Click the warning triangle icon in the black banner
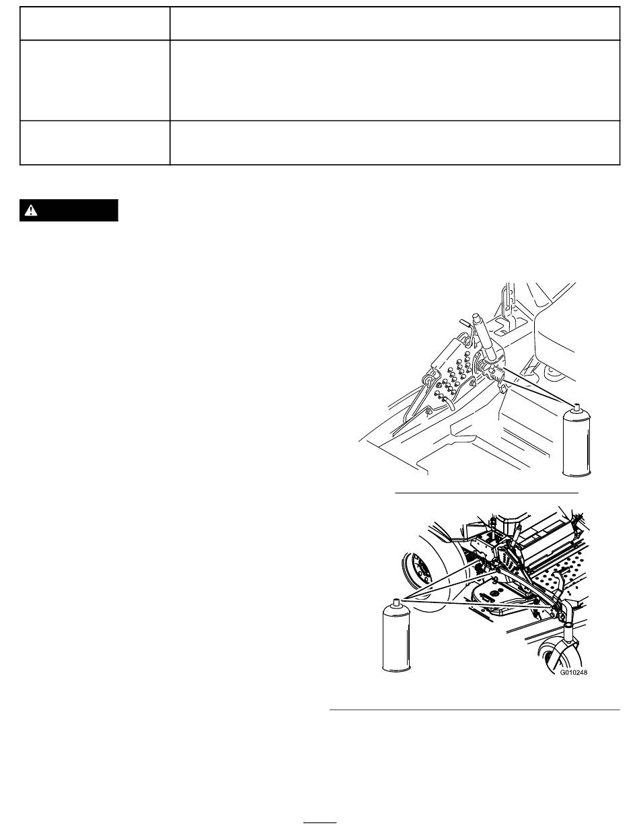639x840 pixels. tap(30, 211)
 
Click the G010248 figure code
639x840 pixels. tap(574, 672)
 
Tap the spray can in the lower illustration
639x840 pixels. tap(397, 635)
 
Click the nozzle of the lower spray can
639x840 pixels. tap(397, 602)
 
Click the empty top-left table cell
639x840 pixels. tap(95, 24)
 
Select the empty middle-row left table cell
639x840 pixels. tap(95, 80)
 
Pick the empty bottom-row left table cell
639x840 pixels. tap(95, 143)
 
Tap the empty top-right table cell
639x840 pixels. tap(395, 24)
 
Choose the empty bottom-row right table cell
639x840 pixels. tap(395, 143)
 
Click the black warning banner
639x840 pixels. tap(69, 210)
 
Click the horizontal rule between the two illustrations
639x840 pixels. tap(486, 493)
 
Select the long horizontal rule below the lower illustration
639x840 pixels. tap(475, 710)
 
